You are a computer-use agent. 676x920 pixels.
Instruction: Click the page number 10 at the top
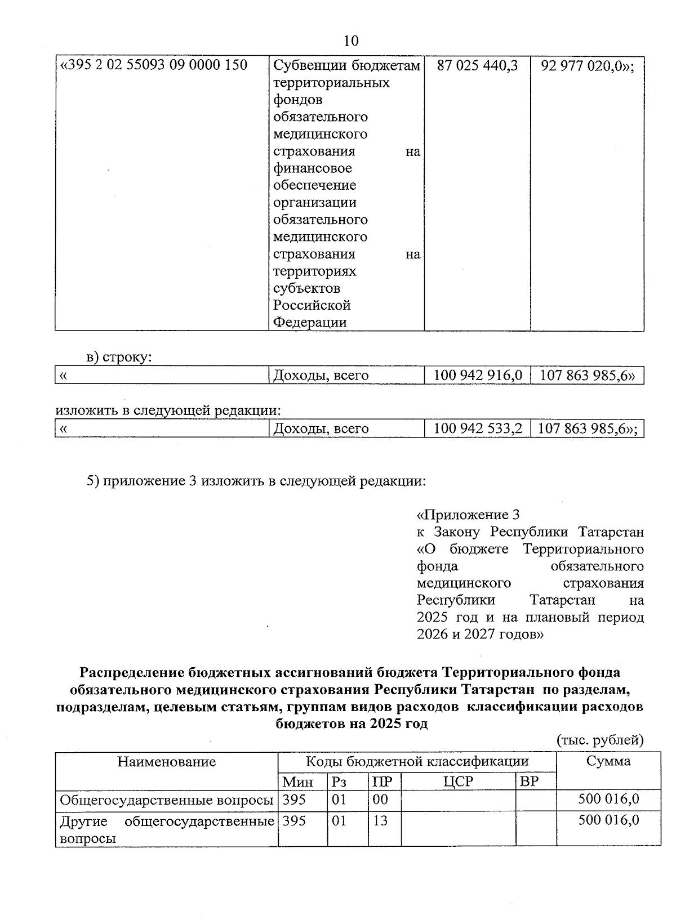tap(350, 41)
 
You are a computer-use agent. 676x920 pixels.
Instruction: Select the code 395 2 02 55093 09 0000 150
tap(154, 65)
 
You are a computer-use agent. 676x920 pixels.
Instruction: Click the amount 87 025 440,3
tap(477, 65)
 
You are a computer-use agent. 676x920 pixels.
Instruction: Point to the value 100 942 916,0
tap(478, 375)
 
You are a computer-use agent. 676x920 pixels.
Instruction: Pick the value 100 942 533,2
tap(478, 428)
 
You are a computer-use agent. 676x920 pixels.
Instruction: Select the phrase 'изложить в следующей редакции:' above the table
tap(168, 410)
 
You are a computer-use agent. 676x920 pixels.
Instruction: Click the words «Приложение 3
tap(468, 515)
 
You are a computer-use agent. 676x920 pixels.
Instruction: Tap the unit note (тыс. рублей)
tap(599, 740)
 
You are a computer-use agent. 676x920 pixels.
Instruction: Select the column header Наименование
tap(166, 762)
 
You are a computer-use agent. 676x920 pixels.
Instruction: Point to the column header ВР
tap(530, 781)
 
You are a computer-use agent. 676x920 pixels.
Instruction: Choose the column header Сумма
tap(608, 762)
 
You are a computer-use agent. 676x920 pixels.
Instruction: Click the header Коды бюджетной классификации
tap(417, 762)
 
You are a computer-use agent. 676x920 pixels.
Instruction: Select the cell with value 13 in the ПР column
tap(381, 821)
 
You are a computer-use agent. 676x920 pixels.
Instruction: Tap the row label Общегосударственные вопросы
tap(167, 800)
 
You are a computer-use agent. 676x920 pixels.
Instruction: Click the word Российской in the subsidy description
tap(312, 305)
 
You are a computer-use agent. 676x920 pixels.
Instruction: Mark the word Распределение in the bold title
tap(130, 672)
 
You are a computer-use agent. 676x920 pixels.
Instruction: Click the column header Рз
tap(340, 781)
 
